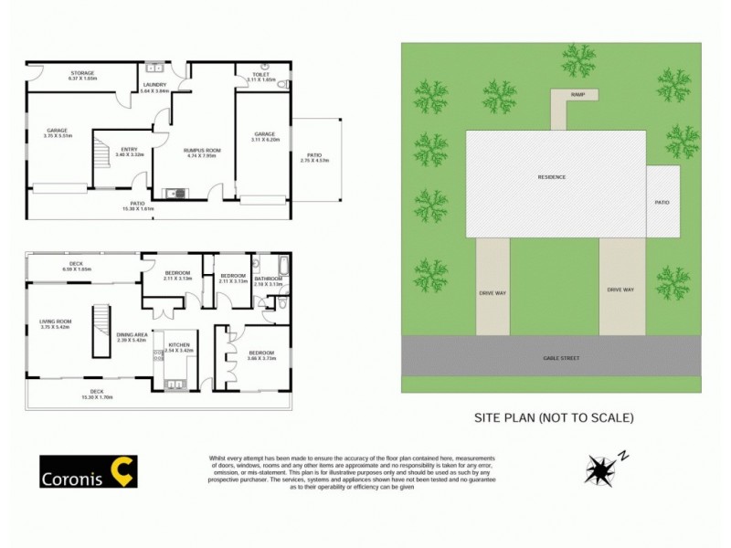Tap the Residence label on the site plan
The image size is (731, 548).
click(551, 177)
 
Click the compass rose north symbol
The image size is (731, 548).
click(599, 468)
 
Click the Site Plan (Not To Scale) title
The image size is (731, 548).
click(553, 418)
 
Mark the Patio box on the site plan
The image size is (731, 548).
click(662, 202)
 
